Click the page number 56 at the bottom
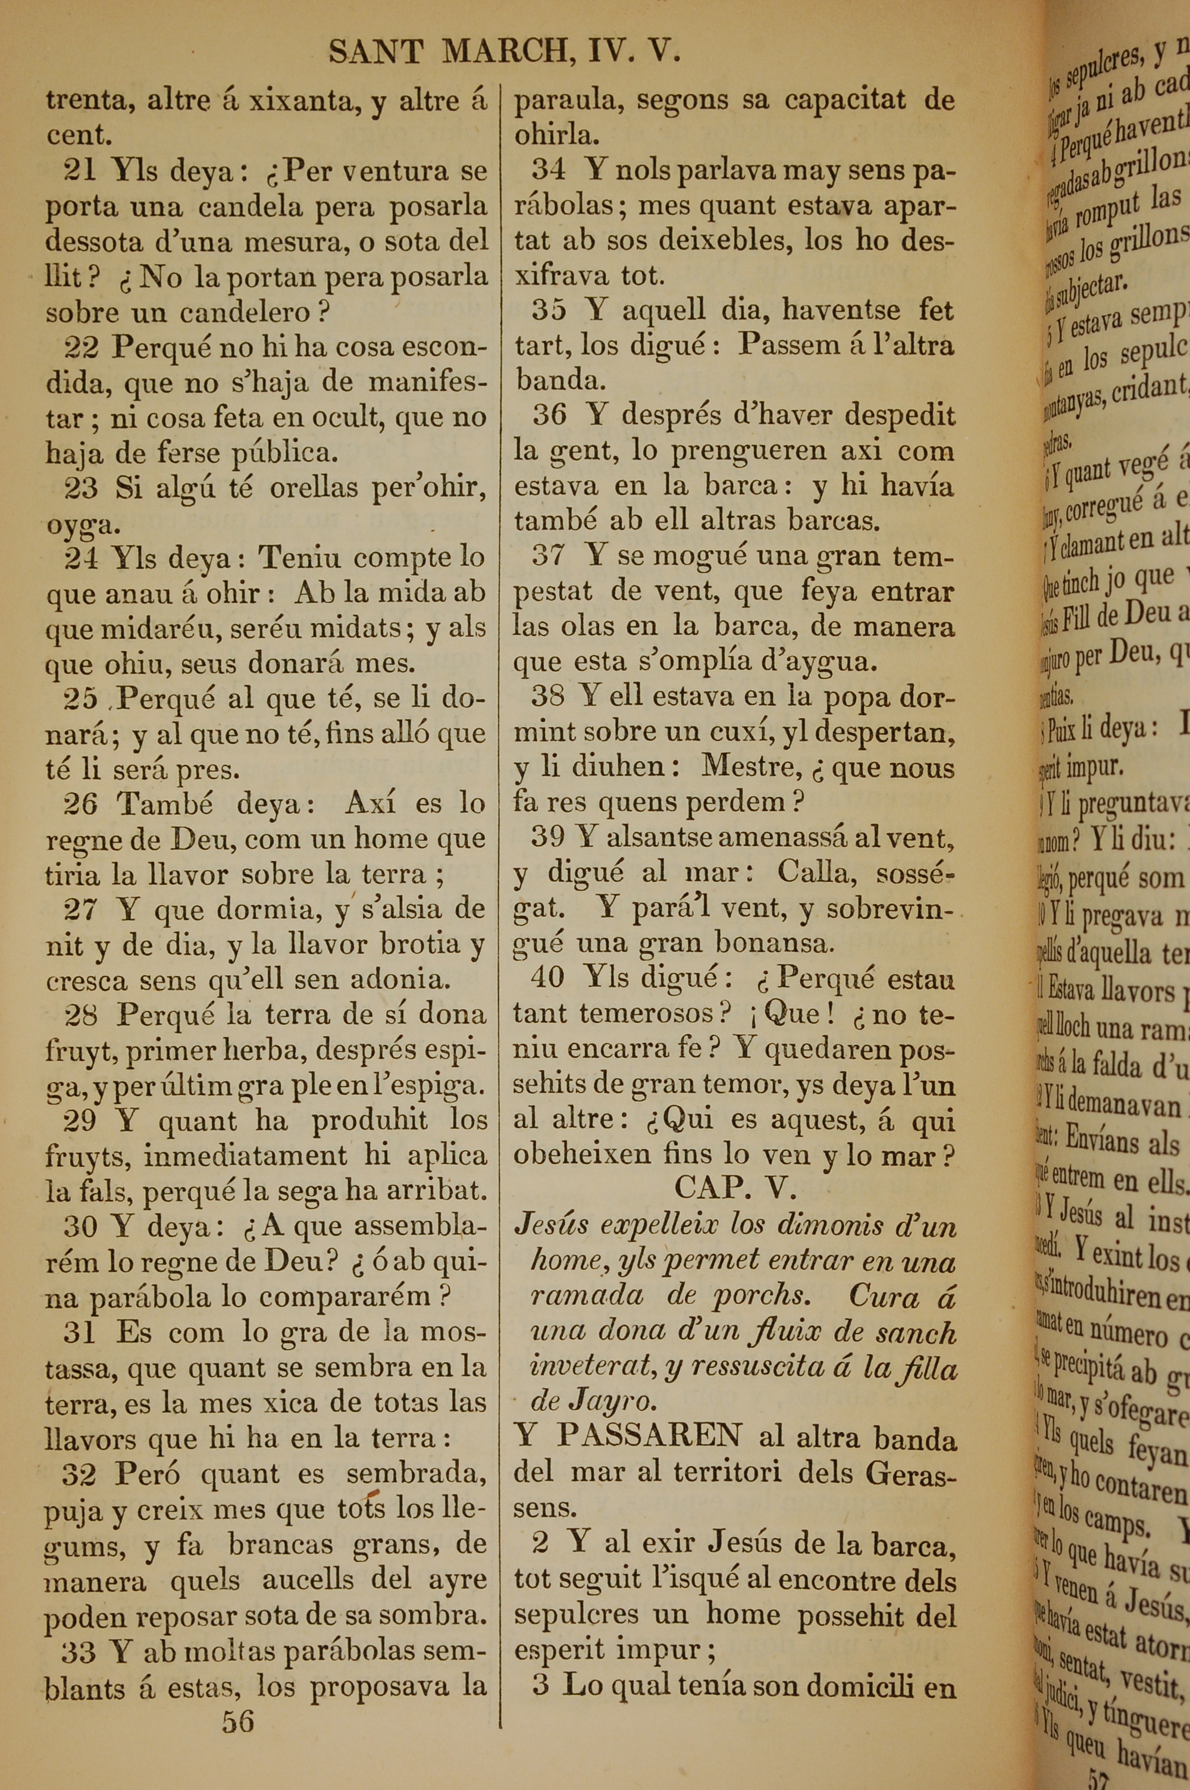237,1743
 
